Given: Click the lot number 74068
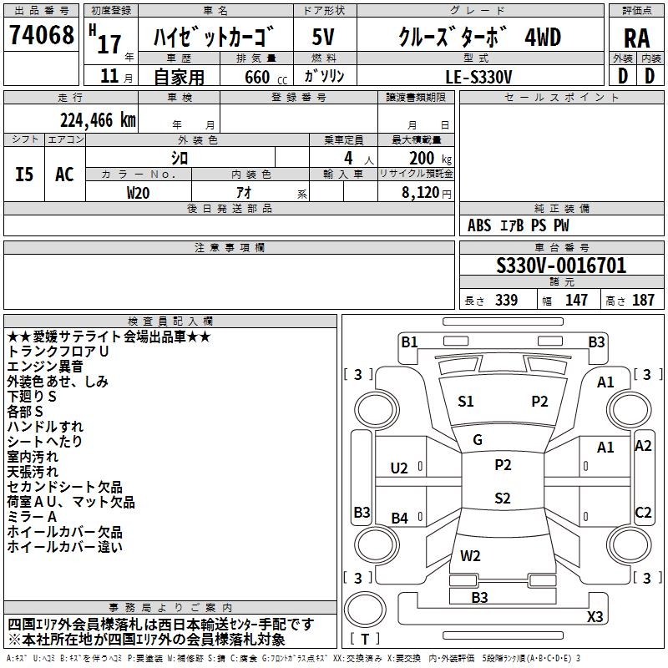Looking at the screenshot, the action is [42, 36].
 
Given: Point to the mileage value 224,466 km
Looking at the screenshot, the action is [98, 120].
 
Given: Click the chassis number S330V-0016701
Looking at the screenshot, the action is [561, 266].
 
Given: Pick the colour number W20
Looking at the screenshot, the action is [139, 192].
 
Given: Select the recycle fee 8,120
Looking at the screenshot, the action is [420, 192].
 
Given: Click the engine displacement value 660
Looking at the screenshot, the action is [257, 77].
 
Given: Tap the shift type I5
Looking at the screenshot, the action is [25, 174].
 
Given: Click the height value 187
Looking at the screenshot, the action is [643, 301].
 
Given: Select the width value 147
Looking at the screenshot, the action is [576, 301].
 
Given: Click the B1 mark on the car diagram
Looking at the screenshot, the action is [409, 342].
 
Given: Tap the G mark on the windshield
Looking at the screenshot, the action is [478, 440].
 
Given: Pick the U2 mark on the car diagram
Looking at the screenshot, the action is [399, 468].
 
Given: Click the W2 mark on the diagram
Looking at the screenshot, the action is [470, 555].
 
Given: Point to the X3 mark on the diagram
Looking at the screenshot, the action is [595, 617].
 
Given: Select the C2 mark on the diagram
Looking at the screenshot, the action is [643, 513].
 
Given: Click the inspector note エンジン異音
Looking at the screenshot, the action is [45, 367].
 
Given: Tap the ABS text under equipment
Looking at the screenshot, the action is [479, 225].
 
